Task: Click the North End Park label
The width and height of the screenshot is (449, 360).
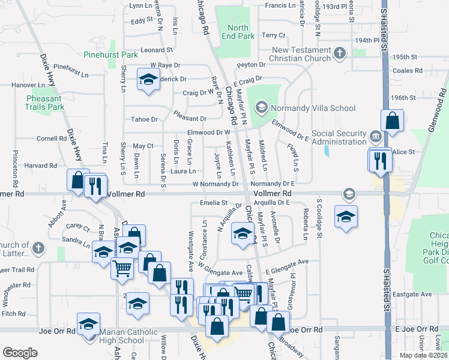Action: click(x=238, y=32)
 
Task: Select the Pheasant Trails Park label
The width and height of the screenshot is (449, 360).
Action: click(x=44, y=103)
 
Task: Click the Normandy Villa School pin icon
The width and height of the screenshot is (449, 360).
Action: click(x=261, y=109)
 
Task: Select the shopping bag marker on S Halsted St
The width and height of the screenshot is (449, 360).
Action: click(x=392, y=121)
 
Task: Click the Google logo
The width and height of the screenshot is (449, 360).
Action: click(x=20, y=353)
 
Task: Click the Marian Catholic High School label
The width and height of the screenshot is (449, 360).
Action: click(x=122, y=336)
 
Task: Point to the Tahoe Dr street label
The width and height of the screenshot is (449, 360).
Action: click(x=145, y=119)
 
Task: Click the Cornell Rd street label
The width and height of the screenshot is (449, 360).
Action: click(x=51, y=139)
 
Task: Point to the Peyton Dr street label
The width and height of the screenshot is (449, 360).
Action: click(x=251, y=64)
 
